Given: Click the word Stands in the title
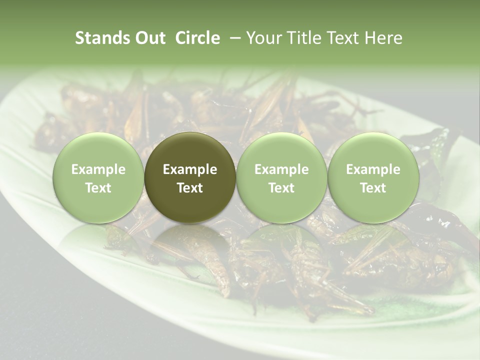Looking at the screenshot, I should pos(101,38).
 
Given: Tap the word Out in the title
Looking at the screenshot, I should pos(149,38).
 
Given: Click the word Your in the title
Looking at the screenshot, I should pos(263,38).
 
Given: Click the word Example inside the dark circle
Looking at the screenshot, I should pos(190,169).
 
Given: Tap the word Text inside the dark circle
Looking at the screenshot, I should pos(190,188).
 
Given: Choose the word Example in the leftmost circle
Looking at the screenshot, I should pos(98,169).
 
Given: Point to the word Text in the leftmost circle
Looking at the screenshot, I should pos(98,188).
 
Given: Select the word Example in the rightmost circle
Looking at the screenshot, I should pos(373,169).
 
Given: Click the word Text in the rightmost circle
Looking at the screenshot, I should pos(373,188).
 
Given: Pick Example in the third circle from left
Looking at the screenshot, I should pos(281,169).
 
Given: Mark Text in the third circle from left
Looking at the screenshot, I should pos(281,188).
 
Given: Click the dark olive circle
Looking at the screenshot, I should pos(190,150).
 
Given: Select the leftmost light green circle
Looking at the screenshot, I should pos(98,150).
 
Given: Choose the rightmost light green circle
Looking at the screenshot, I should pos(373,150).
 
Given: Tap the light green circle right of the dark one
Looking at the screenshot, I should pos(281,150).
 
